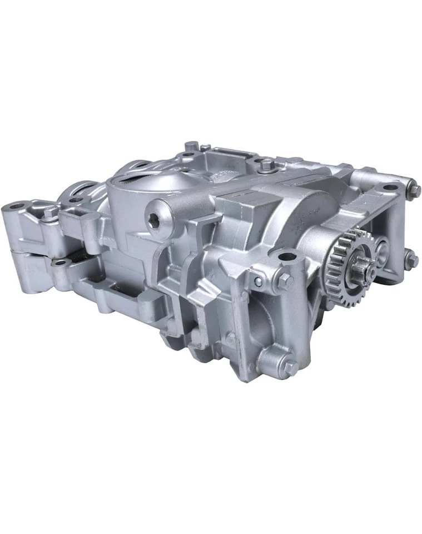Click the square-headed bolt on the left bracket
coord(51,212)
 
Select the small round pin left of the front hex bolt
coord(258,281)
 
